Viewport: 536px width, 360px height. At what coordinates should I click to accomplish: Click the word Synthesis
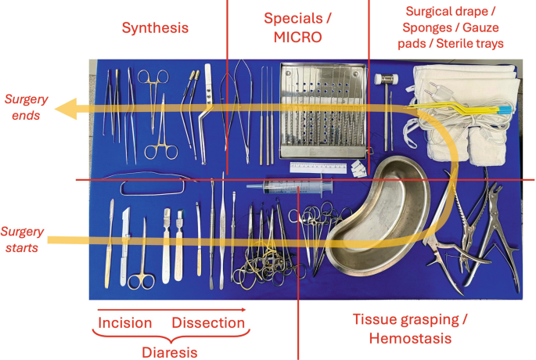155,28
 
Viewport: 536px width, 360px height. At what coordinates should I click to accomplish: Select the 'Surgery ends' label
28,106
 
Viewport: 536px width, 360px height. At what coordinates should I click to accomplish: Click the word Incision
125,323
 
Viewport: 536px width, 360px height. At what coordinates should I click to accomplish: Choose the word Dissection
207,323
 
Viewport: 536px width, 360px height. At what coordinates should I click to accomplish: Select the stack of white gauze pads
466,110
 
